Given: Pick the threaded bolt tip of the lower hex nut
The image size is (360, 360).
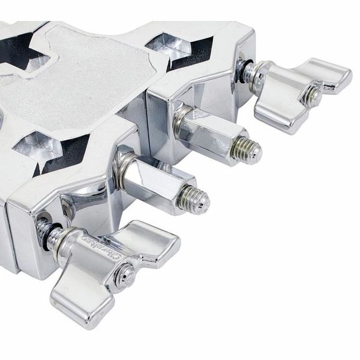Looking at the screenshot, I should click(196, 200).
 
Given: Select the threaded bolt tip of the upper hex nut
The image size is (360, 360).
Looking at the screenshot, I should click(247, 149).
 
